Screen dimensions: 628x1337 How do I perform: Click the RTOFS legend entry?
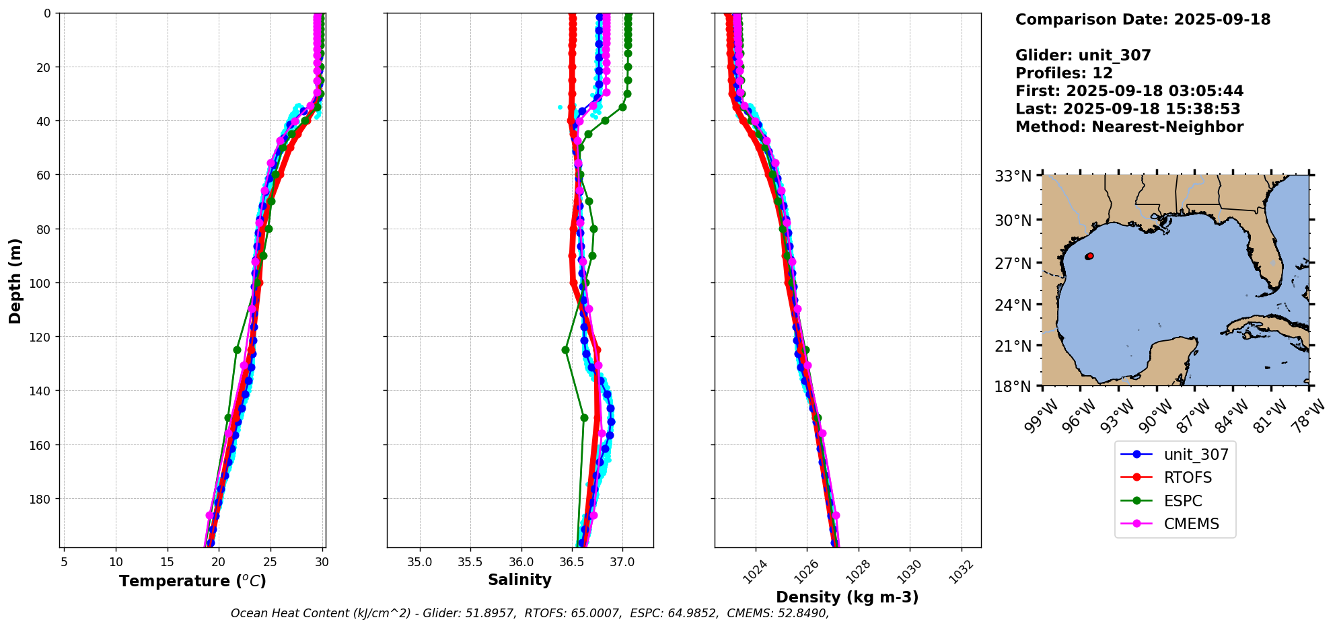point(1188,477)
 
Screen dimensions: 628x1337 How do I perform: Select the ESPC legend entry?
point(1182,501)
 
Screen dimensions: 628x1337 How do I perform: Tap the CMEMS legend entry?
point(1191,524)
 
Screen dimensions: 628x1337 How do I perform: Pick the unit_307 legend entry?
point(1196,455)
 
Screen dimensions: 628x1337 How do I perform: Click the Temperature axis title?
point(192,581)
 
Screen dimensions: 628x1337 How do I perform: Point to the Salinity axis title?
point(519,580)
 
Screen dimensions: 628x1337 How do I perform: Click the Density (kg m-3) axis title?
point(847,597)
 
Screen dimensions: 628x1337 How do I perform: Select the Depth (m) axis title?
point(15,280)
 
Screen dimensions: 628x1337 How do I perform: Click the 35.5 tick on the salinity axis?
point(470,562)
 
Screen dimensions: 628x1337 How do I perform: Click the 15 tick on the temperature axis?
point(167,562)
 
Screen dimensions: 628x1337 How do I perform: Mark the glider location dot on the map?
point(1089,256)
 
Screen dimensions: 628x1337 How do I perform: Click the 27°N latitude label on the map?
point(1013,263)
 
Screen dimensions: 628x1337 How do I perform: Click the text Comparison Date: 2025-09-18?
point(1143,19)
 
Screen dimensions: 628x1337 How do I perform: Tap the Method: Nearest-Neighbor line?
point(1129,127)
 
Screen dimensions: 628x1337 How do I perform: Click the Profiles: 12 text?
point(1064,73)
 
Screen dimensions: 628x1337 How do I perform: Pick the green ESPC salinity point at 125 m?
point(565,350)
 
